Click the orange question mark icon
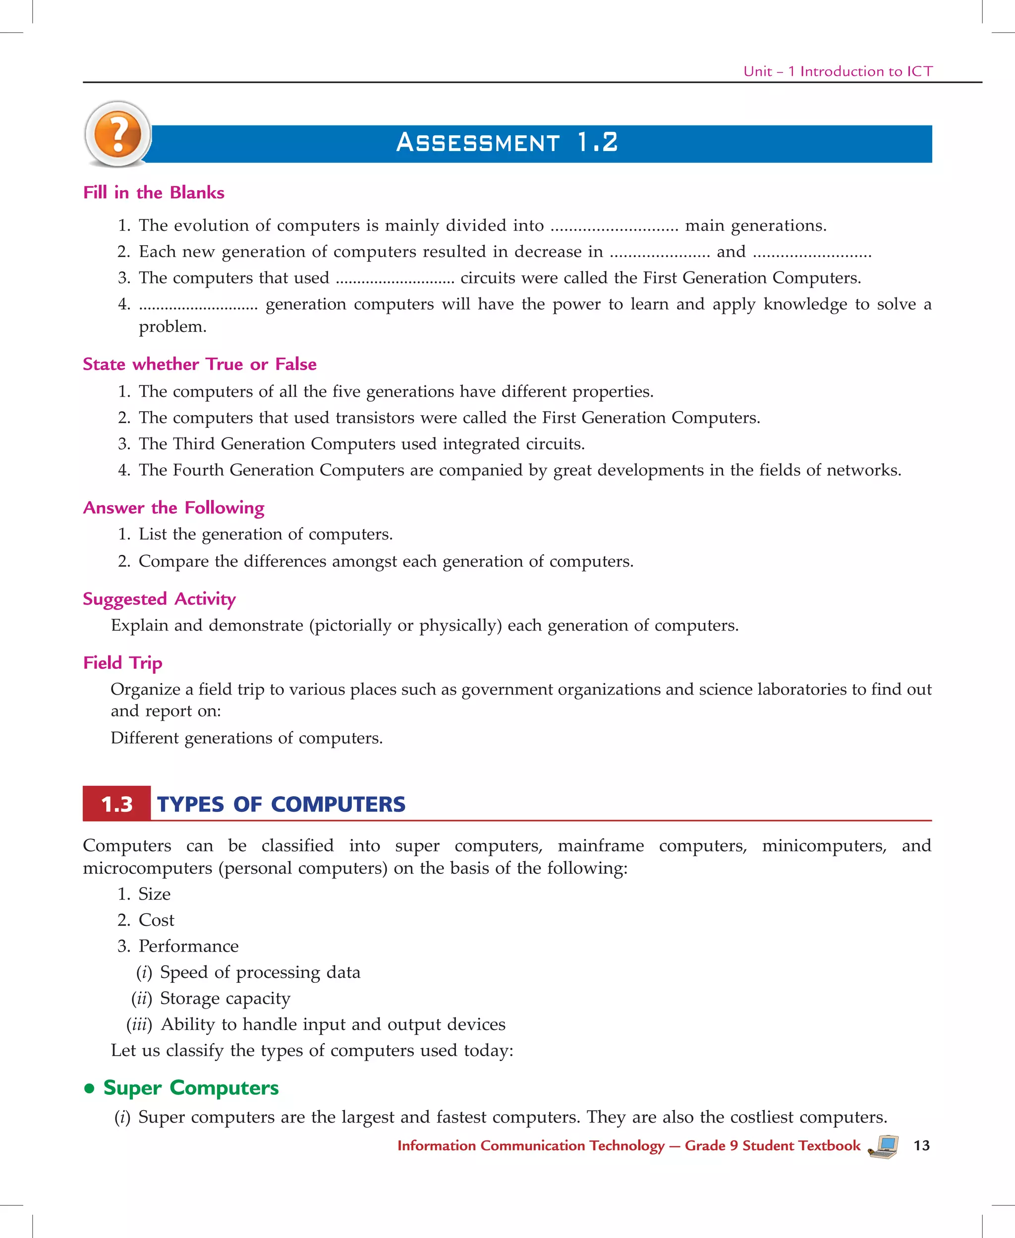click(x=117, y=134)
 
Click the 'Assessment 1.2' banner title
click(x=507, y=143)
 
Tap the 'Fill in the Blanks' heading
click(x=154, y=192)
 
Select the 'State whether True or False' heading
click(x=199, y=364)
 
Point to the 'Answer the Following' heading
click(x=173, y=507)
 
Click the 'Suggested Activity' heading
click(x=159, y=598)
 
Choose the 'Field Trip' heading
click(x=123, y=662)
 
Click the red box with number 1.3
click(x=117, y=804)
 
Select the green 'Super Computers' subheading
click(x=191, y=1087)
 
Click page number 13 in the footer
click(x=921, y=1146)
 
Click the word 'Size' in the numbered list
click(x=154, y=894)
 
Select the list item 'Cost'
click(x=156, y=920)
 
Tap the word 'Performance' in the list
click(x=188, y=946)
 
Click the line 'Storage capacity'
click(x=225, y=998)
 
